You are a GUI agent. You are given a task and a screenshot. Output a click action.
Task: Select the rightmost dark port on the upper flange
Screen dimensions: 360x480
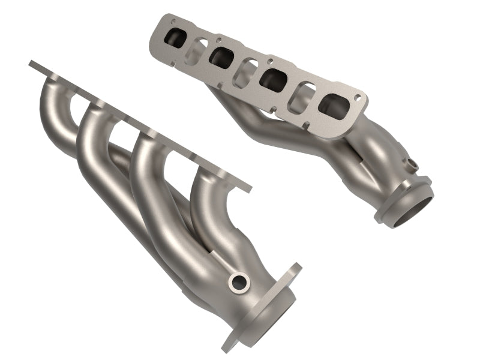coord(333,107)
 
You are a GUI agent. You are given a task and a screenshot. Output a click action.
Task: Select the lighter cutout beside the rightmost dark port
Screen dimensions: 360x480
coord(302,93)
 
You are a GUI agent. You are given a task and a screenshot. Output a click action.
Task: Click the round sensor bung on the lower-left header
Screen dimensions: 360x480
coord(239,280)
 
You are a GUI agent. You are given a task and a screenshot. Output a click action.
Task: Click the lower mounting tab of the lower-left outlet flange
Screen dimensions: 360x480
coord(231,342)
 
